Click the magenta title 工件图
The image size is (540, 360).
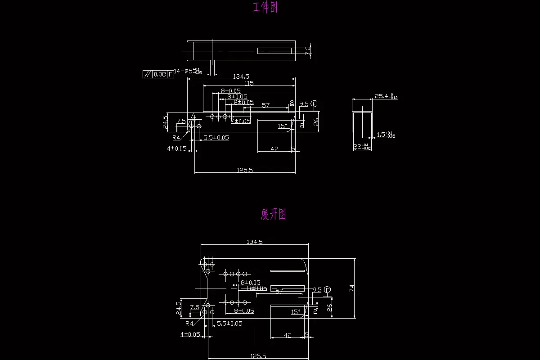[265, 8]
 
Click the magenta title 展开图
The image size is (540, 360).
[273, 214]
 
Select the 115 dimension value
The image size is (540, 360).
[248, 83]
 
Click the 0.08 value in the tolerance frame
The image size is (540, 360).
[159, 74]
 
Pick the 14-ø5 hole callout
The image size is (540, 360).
[188, 71]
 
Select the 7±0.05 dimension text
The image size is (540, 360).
[241, 121]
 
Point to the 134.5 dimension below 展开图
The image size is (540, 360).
[254, 242]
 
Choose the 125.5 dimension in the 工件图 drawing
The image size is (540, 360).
[244, 170]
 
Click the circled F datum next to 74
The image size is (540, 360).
[327, 289]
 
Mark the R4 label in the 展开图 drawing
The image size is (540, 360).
[189, 324]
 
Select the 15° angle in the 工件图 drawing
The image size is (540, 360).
[282, 126]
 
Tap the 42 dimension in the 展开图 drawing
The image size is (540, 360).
[288, 335]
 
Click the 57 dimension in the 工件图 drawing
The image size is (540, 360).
[265, 105]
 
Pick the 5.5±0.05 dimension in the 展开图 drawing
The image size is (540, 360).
[229, 324]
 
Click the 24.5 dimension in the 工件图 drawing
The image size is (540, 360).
[166, 121]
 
